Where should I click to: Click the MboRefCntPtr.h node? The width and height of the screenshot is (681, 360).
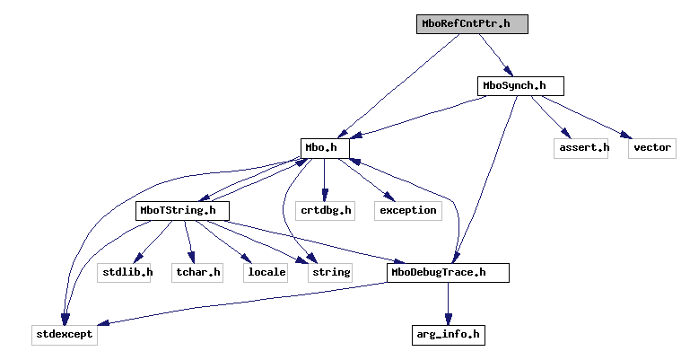click(472, 24)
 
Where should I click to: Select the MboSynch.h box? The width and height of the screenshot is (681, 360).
click(520, 86)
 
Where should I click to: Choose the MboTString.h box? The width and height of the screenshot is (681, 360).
click(182, 211)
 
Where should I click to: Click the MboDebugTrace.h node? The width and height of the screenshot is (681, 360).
click(449, 273)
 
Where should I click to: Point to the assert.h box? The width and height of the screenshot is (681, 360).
click(581, 147)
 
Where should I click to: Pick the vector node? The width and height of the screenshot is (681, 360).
click(651, 147)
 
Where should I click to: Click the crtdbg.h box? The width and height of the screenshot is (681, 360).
click(324, 211)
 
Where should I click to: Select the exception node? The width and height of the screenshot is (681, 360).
click(408, 211)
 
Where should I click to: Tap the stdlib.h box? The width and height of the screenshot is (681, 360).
click(125, 273)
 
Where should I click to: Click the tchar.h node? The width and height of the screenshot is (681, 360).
click(198, 273)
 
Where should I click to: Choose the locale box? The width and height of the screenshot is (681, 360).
click(266, 273)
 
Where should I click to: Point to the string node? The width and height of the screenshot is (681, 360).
click(329, 273)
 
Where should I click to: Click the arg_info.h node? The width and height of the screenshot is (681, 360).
click(449, 335)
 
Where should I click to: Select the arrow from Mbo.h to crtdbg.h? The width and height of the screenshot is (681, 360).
click(324, 180)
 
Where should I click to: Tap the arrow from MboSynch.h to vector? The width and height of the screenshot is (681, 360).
click(592, 118)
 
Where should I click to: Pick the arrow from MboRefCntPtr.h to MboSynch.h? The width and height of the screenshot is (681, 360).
click(494, 54)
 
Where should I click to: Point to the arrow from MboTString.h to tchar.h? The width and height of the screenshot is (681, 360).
click(189, 242)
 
